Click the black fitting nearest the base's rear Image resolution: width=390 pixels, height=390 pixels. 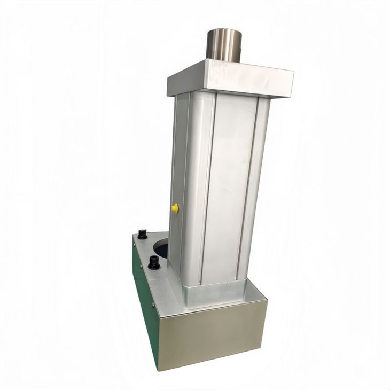pos(142,234)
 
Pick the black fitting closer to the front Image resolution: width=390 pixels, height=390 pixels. pos(154,262)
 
